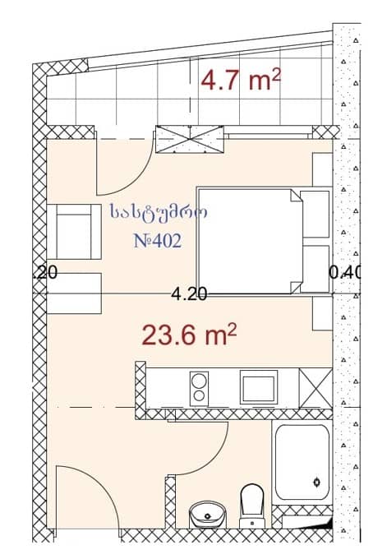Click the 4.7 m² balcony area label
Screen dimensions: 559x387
242,80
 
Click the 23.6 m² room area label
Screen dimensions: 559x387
190,335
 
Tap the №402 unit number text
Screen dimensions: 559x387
156,242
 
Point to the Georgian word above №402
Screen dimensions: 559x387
158,213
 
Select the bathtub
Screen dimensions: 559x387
303,464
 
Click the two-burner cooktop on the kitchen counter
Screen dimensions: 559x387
199,387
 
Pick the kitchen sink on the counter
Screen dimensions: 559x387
258,386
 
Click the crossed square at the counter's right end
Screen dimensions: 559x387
315,387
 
